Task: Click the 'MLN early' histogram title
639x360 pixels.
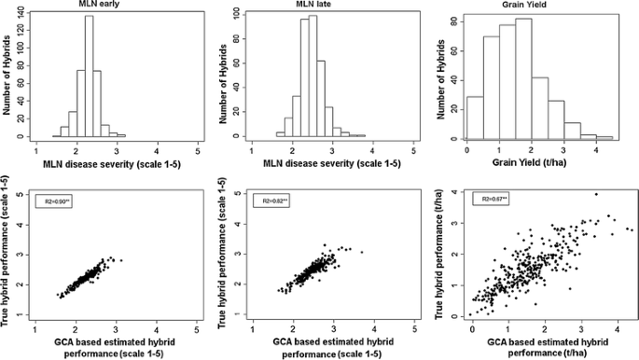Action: coord(117,7)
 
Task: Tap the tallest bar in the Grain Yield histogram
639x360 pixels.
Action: coord(524,78)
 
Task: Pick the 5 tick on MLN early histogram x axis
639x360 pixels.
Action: coord(198,149)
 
